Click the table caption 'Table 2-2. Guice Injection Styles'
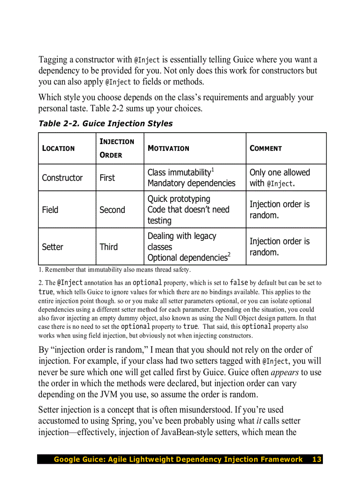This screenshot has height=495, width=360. [105, 123]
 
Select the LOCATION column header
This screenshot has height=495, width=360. [58, 149]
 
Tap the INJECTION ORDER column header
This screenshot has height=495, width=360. [117, 148]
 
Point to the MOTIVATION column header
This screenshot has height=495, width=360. [168, 149]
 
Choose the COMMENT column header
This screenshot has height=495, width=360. [266, 149]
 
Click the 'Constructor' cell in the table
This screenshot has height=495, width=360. [62, 178]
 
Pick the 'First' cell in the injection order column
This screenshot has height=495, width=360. [107, 178]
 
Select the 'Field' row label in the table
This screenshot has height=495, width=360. [50, 210]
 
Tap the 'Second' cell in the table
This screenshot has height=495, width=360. [112, 210]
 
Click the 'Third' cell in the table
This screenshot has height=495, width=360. [109, 247]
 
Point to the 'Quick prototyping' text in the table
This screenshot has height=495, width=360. [179, 199]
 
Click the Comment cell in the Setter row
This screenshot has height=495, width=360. [280, 247]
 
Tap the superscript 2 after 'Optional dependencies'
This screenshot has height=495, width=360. [229, 255]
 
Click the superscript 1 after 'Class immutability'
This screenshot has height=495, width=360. [213, 170]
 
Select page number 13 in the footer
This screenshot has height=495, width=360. [317, 459]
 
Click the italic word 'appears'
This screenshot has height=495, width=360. [285, 372]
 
